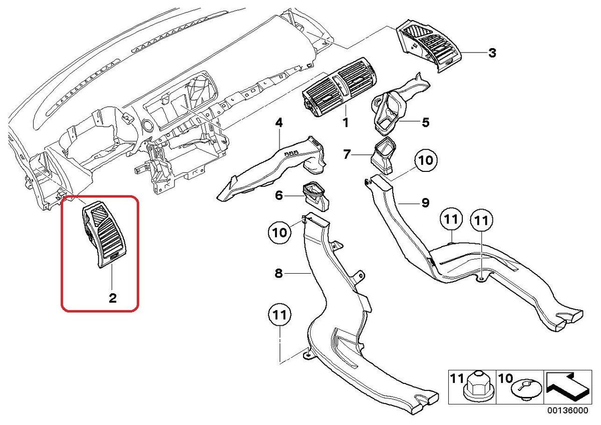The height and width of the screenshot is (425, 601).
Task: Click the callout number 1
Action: (346, 123)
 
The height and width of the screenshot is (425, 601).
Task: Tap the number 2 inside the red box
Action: (113, 298)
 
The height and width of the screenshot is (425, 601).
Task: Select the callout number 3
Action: (492, 53)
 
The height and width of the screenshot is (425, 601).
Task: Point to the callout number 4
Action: (279, 123)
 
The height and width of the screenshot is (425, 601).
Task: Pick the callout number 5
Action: (426, 122)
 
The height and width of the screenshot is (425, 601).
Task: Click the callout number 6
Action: (279, 195)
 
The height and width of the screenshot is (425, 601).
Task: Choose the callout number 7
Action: (347, 154)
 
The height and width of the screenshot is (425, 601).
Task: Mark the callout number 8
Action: (279, 274)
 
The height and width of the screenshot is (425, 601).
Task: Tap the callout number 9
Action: (426, 202)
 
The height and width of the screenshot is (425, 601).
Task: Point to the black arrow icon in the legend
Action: (567, 386)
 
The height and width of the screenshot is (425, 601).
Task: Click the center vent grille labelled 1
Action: (340, 87)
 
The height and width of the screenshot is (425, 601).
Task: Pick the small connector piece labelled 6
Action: (317, 197)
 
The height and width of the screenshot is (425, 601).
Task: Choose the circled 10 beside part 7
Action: (426, 160)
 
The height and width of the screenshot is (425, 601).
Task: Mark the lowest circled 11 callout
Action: (279, 315)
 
